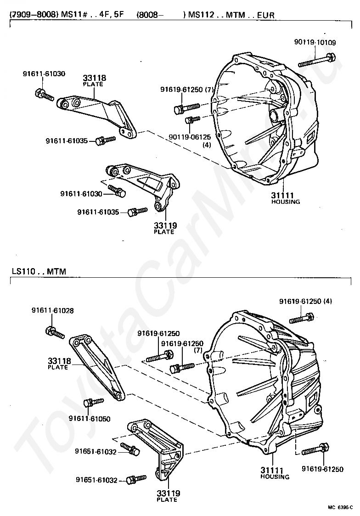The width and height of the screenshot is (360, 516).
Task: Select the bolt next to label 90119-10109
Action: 317,60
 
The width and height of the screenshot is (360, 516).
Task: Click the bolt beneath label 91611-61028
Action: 54,331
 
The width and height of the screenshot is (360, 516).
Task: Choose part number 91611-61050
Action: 90,418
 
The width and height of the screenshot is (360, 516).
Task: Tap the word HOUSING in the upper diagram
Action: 286,202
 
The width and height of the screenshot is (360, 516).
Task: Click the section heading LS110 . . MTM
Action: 39,271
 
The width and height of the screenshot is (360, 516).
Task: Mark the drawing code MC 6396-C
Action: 340,507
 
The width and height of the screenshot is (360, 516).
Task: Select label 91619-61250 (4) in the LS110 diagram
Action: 305,301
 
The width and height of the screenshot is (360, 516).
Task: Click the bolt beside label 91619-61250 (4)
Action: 301,317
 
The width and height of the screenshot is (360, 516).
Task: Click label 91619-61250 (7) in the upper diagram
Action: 187,90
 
